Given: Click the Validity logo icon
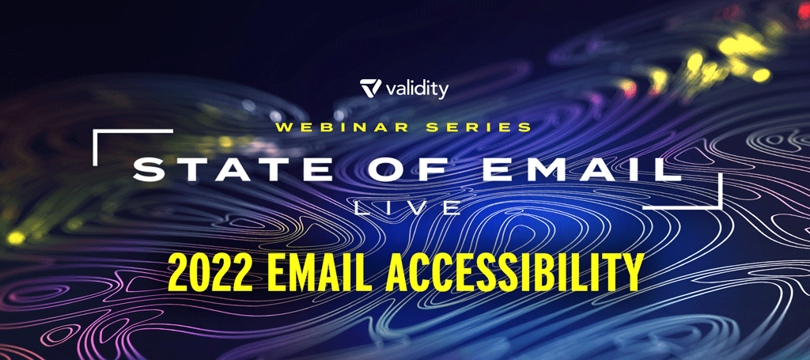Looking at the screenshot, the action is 371,88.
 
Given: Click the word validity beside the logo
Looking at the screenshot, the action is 417,89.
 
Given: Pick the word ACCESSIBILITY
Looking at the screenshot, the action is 513,271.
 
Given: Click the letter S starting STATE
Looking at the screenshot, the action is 149,170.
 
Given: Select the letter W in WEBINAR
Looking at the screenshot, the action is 285,127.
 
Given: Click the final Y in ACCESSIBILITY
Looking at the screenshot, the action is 631,271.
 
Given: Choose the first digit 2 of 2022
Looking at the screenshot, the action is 178,271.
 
